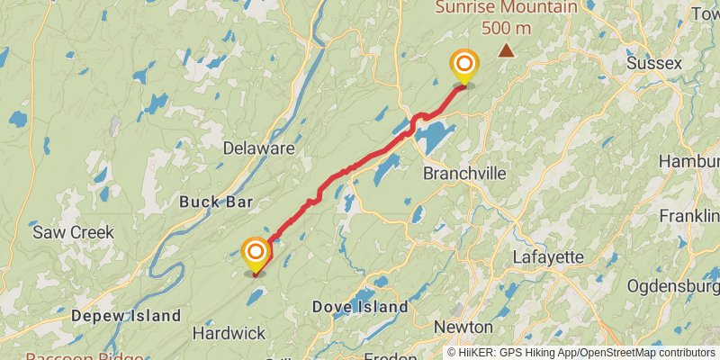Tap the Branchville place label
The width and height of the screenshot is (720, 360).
(x=463, y=173)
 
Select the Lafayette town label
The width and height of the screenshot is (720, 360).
(x=548, y=256)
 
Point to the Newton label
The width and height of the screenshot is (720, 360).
(x=463, y=326)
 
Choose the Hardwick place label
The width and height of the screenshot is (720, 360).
(x=229, y=333)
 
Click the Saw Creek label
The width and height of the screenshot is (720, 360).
(x=73, y=231)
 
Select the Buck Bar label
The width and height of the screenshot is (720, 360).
(x=216, y=202)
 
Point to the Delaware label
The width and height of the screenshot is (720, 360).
(x=258, y=148)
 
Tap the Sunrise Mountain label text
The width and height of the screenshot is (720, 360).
(x=507, y=8)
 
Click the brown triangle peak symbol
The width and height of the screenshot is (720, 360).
(x=508, y=51)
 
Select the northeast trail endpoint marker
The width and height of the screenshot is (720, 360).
(x=464, y=65)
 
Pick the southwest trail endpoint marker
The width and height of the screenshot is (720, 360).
(x=256, y=253)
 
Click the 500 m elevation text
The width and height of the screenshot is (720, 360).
(x=506, y=28)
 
